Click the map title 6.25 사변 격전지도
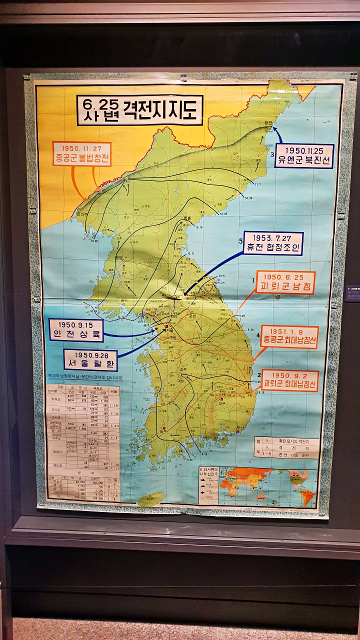(x=140, y=109)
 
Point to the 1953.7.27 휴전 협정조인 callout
(x=273, y=243)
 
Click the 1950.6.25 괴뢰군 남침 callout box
(x=285, y=282)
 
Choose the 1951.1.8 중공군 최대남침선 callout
(x=289, y=337)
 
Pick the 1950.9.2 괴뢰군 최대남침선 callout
(x=290, y=380)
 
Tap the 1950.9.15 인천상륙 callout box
(x=76, y=330)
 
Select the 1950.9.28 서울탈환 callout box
(x=90, y=359)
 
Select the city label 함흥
(x=187, y=218)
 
